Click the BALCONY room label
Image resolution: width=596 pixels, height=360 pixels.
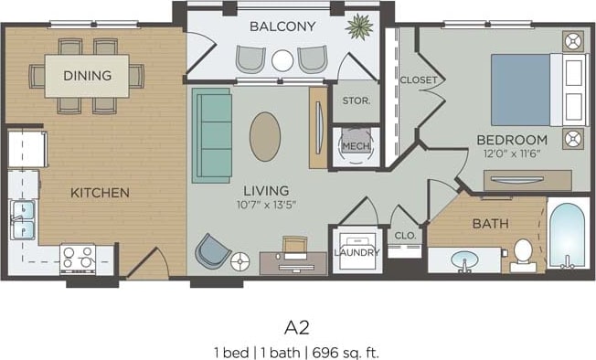[282, 26]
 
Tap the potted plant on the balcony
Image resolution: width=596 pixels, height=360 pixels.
[358, 26]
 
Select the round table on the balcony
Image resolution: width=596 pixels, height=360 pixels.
[282, 60]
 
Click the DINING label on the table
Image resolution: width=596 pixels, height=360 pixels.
[88, 75]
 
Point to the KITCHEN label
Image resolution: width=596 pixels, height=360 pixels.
[100, 193]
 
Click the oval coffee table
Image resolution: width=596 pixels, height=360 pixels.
[265, 137]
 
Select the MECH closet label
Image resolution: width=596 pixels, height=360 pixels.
[354, 145]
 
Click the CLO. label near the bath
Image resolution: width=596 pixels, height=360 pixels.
[406, 235]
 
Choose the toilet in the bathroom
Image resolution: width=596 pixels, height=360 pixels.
[524, 252]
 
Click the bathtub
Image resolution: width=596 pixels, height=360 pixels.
[568, 235]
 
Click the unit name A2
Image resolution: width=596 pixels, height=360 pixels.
[296, 327]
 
